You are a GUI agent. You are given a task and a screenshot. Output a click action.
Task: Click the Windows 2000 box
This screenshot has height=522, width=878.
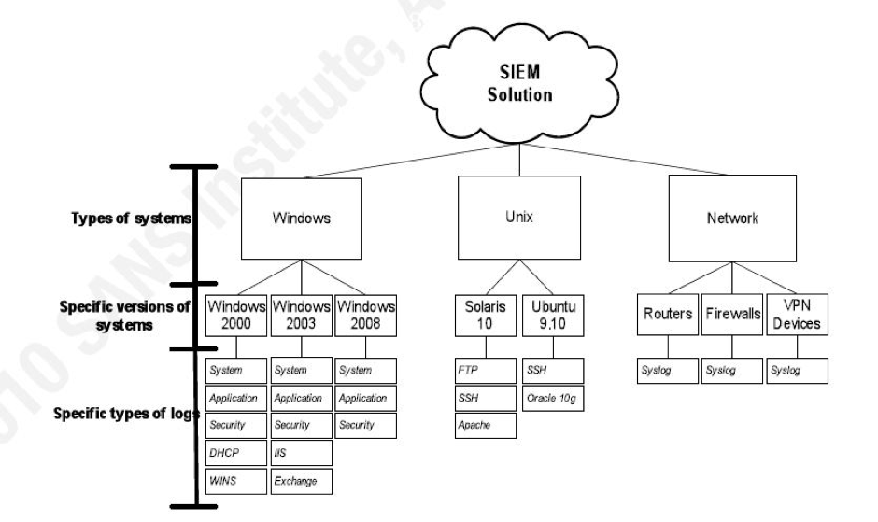(236, 315)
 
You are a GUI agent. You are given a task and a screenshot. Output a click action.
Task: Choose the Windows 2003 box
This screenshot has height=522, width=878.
(302, 315)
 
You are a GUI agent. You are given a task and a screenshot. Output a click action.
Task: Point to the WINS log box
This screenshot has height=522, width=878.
(236, 482)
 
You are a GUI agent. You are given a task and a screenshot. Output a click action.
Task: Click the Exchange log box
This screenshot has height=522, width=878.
(302, 482)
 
